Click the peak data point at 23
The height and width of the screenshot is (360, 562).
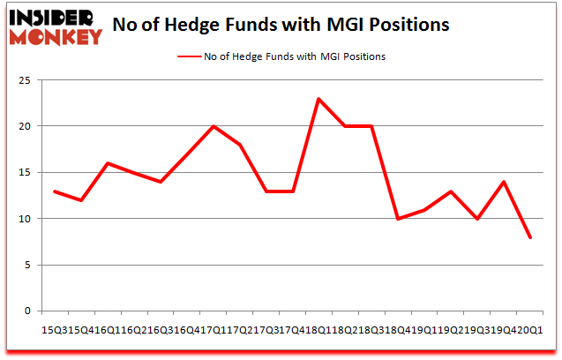318,99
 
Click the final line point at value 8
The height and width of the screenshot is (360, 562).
529,236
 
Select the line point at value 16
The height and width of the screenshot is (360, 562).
108,163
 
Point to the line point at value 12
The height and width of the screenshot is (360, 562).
81,200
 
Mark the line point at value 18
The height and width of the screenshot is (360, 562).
239,145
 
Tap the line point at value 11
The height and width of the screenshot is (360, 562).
423,209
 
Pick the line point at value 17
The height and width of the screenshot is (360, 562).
186,154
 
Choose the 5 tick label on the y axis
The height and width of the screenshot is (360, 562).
29,265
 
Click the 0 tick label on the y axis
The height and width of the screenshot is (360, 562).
29,311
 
